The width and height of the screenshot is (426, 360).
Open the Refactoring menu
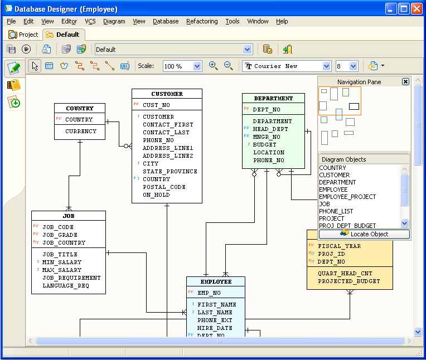[x=202, y=21]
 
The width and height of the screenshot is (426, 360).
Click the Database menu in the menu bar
[x=166, y=21]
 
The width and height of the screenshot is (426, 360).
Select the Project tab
[x=23, y=35]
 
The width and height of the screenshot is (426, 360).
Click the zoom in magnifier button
[x=213, y=66]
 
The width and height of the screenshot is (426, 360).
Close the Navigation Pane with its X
[x=405, y=81]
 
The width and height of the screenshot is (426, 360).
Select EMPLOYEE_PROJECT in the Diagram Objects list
[x=347, y=197]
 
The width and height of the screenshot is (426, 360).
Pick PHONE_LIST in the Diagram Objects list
[x=336, y=211]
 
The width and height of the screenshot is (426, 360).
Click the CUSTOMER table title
[x=167, y=94]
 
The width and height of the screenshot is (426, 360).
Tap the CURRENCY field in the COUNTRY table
[x=81, y=132]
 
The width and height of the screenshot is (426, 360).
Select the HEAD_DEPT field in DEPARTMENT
[x=270, y=129]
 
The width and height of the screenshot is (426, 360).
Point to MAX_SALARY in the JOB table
[x=62, y=270]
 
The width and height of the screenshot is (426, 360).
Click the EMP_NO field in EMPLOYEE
[x=209, y=293]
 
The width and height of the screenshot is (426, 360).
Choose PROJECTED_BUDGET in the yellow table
[x=349, y=281]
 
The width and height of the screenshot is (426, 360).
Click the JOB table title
[x=69, y=216]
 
